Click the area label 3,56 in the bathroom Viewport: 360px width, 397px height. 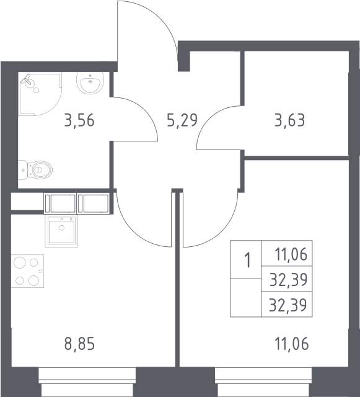(x=79, y=120)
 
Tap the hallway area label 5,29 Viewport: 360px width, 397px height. (x=182, y=120)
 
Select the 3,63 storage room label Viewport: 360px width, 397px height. (x=289, y=120)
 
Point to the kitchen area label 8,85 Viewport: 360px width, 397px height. (x=79, y=344)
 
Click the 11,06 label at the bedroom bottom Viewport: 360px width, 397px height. (x=291, y=344)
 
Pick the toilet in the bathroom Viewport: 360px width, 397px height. (x=35, y=170)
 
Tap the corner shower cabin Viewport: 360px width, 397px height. (x=40, y=94)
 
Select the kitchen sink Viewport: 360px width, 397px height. (x=61, y=231)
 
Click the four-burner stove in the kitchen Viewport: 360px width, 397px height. (x=27, y=271)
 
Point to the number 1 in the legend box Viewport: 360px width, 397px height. (x=247, y=260)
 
